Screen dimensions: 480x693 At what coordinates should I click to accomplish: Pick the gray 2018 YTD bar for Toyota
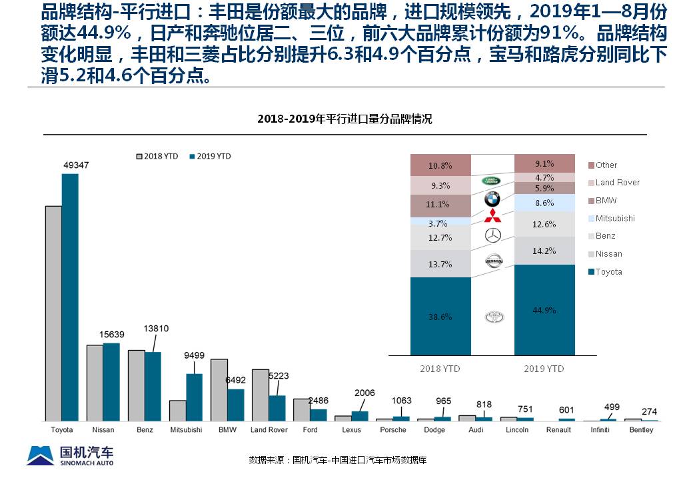[53, 313]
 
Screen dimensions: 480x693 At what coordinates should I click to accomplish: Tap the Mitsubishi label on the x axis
[186, 430]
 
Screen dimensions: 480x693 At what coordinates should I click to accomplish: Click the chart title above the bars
[345, 119]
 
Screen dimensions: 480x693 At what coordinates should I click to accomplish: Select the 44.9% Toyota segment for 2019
[544, 310]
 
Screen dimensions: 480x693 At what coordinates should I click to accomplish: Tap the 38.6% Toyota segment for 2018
[440, 317]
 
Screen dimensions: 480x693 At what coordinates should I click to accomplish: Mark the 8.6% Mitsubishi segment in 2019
[544, 203]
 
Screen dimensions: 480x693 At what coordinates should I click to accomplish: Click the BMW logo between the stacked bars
[492, 198]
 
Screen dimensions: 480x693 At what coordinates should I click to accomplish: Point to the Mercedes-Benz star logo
[492, 235]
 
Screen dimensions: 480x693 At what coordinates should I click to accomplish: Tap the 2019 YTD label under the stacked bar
[544, 369]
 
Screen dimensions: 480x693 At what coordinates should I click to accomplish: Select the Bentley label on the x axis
[641, 430]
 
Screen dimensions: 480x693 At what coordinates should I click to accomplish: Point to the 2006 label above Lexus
[364, 393]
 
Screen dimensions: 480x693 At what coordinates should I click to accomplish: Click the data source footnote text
[337, 460]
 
